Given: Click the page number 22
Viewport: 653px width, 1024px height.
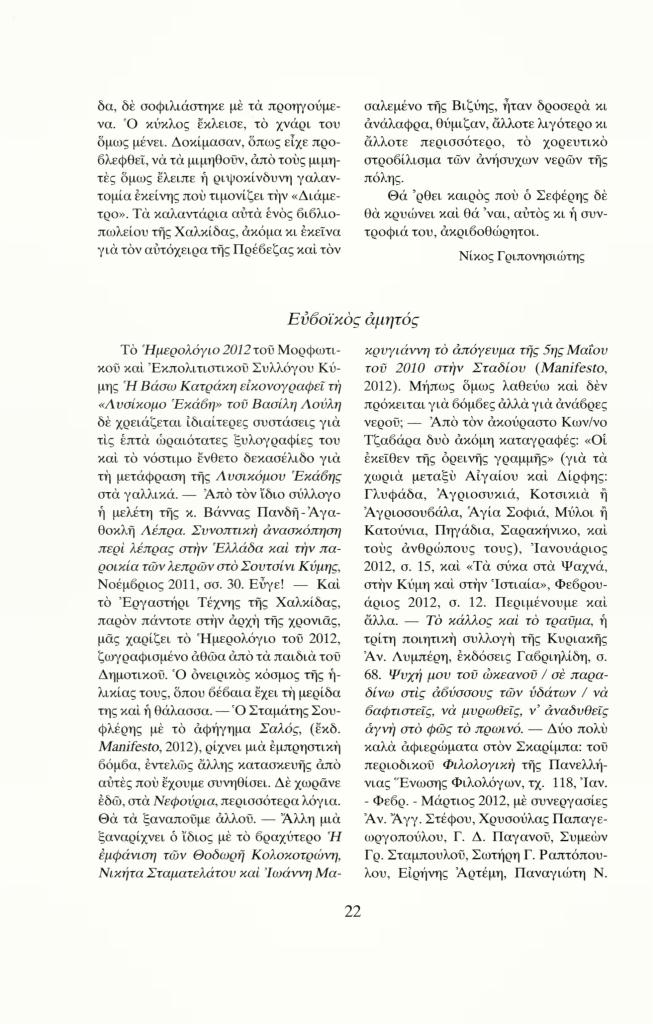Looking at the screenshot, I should pyautogui.click(x=352, y=911).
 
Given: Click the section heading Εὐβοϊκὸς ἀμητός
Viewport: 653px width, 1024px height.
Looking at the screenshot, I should pyautogui.click(x=350, y=318).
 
